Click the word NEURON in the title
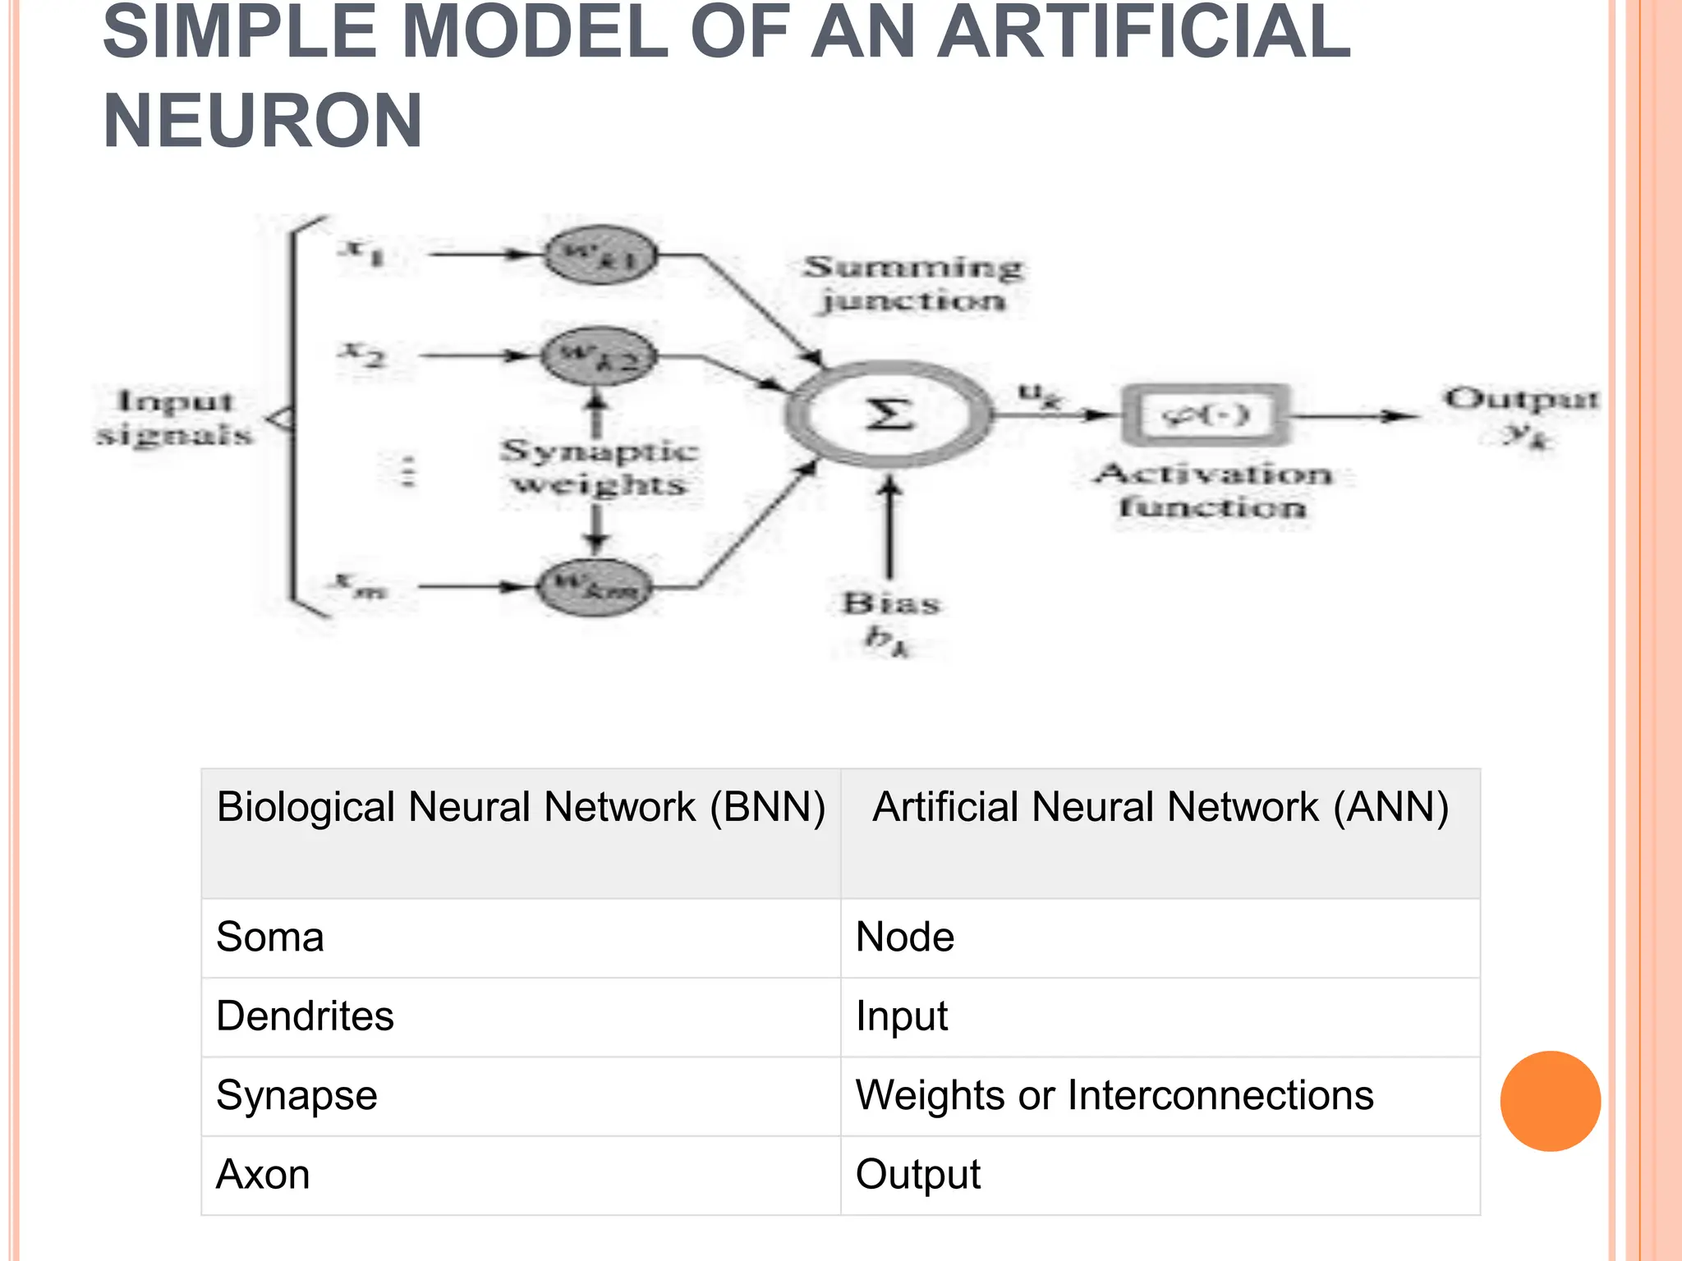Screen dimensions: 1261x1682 [263, 121]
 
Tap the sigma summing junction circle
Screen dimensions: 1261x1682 [889, 415]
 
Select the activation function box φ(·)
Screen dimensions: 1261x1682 [1205, 415]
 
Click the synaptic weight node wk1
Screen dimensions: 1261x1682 [601, 255]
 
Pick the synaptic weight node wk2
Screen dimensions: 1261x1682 [600, 356]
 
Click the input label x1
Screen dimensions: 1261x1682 [361, 250]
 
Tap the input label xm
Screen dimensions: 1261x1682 [359, 585]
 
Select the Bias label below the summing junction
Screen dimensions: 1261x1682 [890, 605]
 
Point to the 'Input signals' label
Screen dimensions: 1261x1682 [174, 418]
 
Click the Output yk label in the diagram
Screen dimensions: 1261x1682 [1522, 415]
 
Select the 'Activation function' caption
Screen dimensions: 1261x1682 [1213, 490]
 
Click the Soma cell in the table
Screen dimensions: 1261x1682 [270, 937]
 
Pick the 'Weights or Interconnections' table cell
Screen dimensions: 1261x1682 [1114, 1095]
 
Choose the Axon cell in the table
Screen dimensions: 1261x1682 [263, 1174]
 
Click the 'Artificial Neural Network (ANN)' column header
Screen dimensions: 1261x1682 [1160, 807]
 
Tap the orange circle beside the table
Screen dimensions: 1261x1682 [1550, 1101]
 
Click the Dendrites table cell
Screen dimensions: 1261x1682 [305, 1016]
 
